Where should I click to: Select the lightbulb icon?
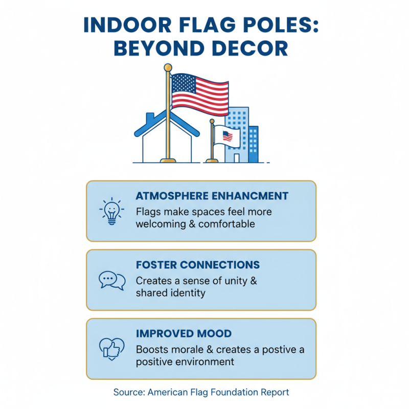click(111, 210)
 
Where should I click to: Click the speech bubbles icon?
click(111, 280)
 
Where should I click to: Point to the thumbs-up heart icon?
click(111, 348)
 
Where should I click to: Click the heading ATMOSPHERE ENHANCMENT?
click(212, 196)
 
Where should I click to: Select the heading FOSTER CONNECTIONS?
click(198, 265)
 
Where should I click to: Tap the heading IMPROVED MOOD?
click(184, 334)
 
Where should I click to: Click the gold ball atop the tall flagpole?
click(168, 67)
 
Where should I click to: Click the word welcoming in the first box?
click(161, 224)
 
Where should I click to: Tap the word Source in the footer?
click(129, 392)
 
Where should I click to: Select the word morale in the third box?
click(186, 350)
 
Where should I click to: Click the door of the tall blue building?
click(236, 158)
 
